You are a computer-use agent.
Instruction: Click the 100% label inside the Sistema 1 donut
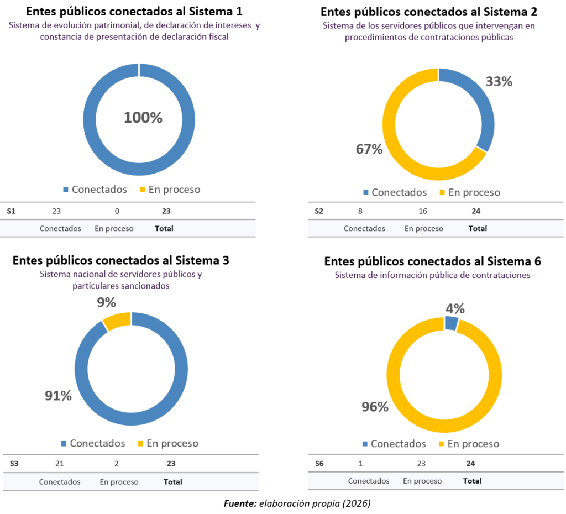click(143, 117)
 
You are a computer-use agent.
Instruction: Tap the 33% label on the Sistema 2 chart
click(499, 81)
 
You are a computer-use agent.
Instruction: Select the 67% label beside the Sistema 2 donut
click(369, 149)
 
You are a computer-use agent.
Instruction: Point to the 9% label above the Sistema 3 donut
click(106, 302)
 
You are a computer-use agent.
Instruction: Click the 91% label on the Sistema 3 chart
click(58, 396)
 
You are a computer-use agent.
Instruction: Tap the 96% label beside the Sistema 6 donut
click(375, 407)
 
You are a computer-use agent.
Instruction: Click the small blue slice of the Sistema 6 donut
click(451, 323)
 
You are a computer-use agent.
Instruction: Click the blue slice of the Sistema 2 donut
click(482, 105)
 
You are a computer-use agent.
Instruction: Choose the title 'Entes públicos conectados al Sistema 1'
click(127, 11)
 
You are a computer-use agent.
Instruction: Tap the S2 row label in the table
click(319, 211)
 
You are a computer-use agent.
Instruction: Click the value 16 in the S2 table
click(423, 211)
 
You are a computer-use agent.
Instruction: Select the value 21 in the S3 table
click(60, 463)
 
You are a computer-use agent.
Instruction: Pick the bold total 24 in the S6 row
click(470, 463)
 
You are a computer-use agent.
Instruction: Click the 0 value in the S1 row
click(117, 211)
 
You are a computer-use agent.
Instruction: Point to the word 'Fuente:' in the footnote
click(240, 503)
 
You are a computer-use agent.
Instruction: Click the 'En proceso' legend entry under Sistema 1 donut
click(169, 190)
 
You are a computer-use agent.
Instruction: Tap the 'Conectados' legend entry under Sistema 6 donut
click(394, 444)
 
